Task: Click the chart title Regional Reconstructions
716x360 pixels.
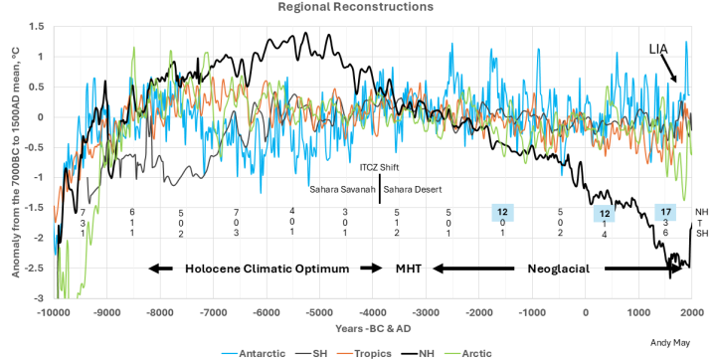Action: coord(356,6)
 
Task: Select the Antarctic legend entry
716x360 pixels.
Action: coord(254,354)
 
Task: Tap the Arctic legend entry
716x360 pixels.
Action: coord(469,354)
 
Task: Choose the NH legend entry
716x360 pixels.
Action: coord(419,354)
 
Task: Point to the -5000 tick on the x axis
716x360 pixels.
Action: coord(319,313)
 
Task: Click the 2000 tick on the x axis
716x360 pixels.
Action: coord(691,313)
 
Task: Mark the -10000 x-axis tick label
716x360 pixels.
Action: coord(54,313)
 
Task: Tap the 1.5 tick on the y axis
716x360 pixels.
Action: coord(38,27)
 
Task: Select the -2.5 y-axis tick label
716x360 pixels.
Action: coord(36,269)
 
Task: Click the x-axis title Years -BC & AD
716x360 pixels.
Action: coord(370,328)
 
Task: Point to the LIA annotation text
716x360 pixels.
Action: coord(658,49)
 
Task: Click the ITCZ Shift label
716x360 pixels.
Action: coord(379,168)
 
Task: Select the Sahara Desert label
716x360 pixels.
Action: coord(413,190)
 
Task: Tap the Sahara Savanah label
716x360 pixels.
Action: coord(342,190)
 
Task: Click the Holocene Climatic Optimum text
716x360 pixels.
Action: coord(268,269)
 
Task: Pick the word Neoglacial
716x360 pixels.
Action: coord(559,269)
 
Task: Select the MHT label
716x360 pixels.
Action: coord(409,269)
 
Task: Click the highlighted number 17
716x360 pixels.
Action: coord(665,212)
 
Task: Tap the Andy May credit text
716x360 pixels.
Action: coord(670,343)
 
